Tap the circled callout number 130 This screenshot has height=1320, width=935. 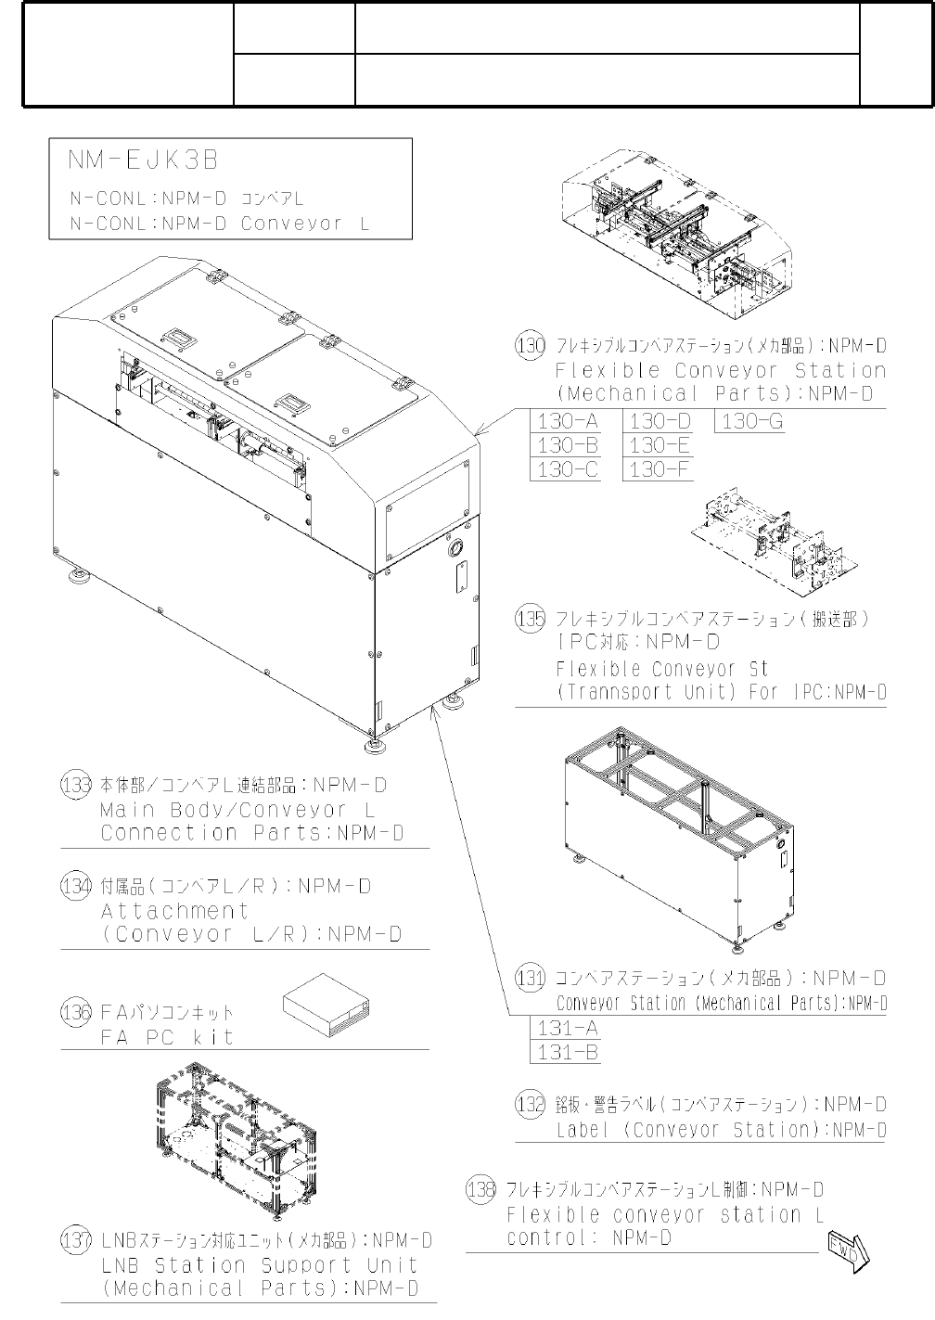coord(530,346)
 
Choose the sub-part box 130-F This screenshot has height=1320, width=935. coord(660,469)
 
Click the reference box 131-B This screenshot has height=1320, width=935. coord(568,1052)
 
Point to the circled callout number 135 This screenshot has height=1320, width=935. coord(530,619)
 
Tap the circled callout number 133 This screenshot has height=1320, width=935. coord(76,786)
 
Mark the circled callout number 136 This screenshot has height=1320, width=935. coord(76,1012)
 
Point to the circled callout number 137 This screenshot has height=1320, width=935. coord(76,1240)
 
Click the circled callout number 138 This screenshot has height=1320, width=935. coord(481,1190)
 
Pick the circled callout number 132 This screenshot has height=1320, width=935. coord(530,1104)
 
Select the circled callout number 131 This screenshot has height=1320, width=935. coord(530,979)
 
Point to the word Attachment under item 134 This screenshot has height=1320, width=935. coord(174,911)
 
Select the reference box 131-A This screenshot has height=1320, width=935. coord(568,1028)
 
